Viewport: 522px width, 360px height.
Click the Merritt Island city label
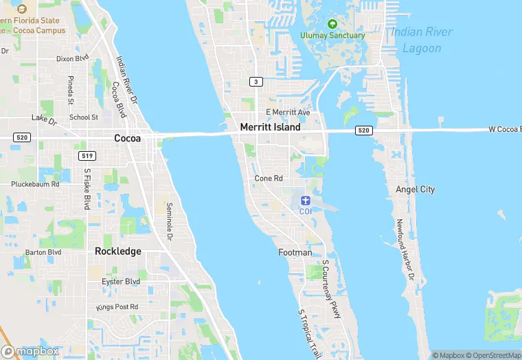click(x=270, y=127)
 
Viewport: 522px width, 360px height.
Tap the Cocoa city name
click(x=127, y=138)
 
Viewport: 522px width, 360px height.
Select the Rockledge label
click(x=118, y=251)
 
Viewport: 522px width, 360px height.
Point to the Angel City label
click(x=415, y=189)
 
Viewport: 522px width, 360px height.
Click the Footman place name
click(x=295, y=253)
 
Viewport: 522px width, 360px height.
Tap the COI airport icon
click(x=306, y=200)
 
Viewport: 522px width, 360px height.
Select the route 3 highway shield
click(x=256, y=82)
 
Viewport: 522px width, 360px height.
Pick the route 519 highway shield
click(x=87, y=156)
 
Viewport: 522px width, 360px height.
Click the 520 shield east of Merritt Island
click(x=363, y=131)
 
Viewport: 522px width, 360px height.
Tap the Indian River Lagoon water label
click(x=422, y=40)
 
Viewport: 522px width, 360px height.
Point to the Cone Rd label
click(x=269, y=178)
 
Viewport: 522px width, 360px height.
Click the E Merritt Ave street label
click(x=288, y=112)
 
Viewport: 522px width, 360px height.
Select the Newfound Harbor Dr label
click(x=405, y=249)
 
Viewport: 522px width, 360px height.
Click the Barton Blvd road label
click(x=43, y=252)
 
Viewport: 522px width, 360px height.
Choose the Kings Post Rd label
click(x=117, y=306)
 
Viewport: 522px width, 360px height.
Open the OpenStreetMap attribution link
click(x=493, y=355)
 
